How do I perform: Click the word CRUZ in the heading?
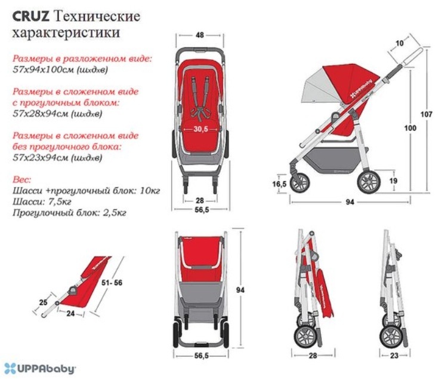click(x=31, y=16)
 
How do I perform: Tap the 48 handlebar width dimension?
click(x=200, y=35)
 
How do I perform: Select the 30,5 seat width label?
click(x=200, y=129)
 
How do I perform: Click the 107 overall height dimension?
click(x=427, y=114)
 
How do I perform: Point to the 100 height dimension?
click(x=410, y=128)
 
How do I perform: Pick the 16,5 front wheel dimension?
click(x=279, y=184)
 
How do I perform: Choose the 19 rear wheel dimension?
click(x=394, y=181)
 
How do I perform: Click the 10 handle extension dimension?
click(x=400, y=43)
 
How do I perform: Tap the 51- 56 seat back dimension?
click(x=112, y=283)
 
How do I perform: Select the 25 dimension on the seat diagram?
click(x=44, y=302)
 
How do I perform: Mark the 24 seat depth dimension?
click(x=70, y=313)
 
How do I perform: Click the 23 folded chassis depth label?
click(x=394, y=356)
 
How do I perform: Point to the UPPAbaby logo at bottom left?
click(x=40, y=368)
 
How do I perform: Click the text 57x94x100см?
click(x=44, y=69)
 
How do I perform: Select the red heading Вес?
click(x=21, y=180)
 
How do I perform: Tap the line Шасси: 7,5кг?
click(x=42, y=201)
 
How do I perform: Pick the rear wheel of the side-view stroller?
click(x=369, y=182)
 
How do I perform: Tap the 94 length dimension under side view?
click(x=350, y=202)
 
